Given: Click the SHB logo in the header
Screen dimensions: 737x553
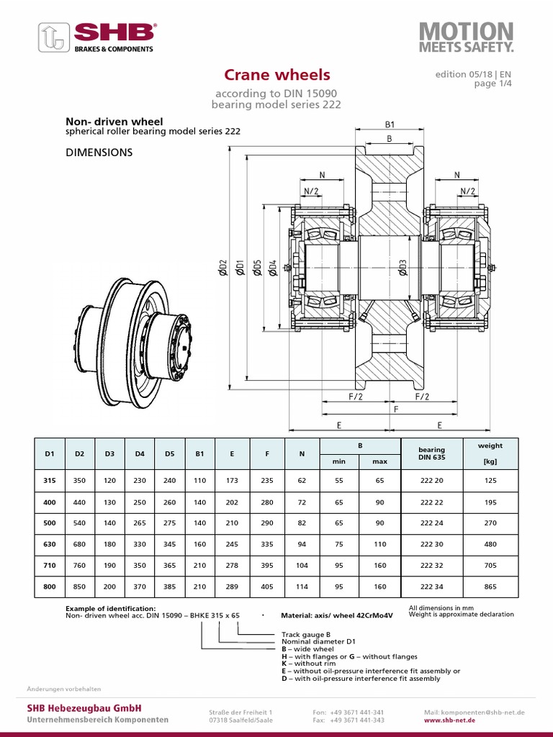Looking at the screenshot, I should pos(98,37).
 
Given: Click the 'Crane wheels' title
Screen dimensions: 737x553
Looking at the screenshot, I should pos(276,75).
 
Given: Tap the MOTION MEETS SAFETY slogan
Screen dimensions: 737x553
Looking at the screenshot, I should pos(467,37).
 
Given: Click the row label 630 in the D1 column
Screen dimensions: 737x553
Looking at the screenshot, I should pos(50,544).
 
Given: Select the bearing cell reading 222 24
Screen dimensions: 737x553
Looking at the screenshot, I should pos(431,523).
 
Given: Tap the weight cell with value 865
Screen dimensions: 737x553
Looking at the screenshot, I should pos(490,587).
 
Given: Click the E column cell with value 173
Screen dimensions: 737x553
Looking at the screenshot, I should pos(231,481).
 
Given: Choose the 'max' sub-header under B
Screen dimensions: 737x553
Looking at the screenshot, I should pos(379,461).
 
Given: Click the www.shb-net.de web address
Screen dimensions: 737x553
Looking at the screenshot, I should pos(449,720).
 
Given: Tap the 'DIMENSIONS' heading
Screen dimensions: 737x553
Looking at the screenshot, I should pos(99,153).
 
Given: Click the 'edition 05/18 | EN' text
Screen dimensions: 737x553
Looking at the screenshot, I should pos(474,75).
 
